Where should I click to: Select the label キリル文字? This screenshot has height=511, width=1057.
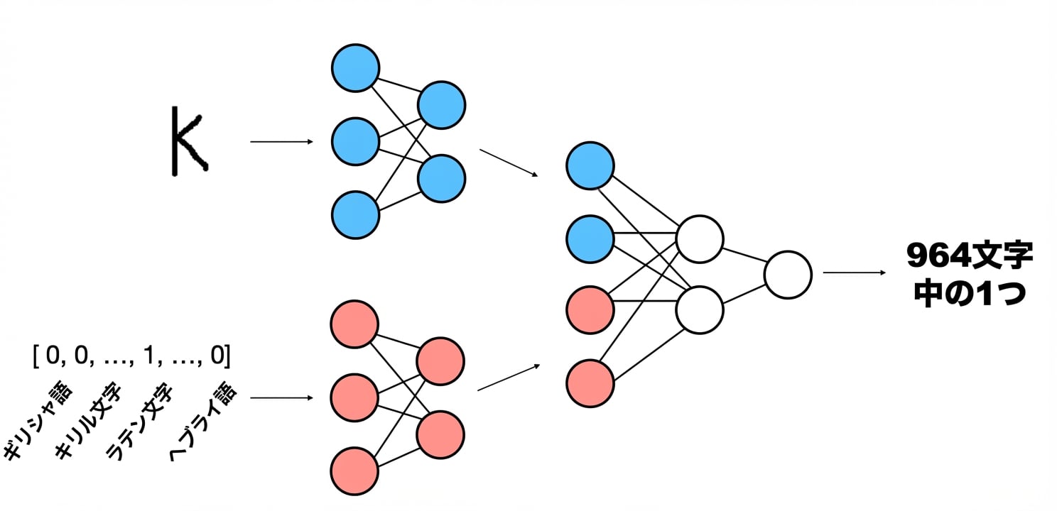[88, 420]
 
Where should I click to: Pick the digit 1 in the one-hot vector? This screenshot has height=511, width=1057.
[149, 355]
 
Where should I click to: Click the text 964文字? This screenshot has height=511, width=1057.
[970, 255]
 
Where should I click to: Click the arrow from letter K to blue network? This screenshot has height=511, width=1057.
[282, 141]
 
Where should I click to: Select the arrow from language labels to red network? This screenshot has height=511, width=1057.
[282, 398]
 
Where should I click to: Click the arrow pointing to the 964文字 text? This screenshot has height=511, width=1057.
[855, 273]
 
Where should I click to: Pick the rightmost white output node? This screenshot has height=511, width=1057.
[788, 275]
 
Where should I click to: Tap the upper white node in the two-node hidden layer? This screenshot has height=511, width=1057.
[700, 239]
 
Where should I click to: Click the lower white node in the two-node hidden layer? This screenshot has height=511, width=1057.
[700, 310]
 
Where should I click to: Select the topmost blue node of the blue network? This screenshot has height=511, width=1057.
[356, 68]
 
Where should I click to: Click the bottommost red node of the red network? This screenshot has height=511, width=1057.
[354, 471]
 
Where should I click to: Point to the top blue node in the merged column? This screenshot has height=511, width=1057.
[590, 166]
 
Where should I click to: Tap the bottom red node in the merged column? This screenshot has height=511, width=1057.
[590, 383]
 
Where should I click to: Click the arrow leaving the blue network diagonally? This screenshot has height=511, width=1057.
[509, 163]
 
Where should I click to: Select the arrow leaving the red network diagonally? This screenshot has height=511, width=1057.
[509, 377]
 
